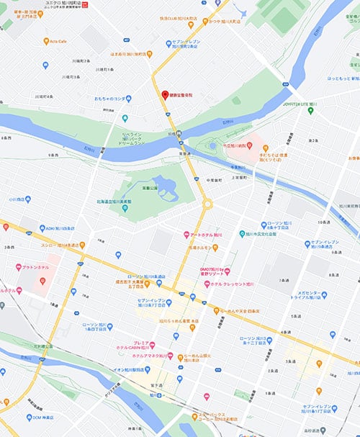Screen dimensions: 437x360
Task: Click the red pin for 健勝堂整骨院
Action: [163, 95]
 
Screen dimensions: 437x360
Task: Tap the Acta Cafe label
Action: [59, 41]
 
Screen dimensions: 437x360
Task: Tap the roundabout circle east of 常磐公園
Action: [207, 204]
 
